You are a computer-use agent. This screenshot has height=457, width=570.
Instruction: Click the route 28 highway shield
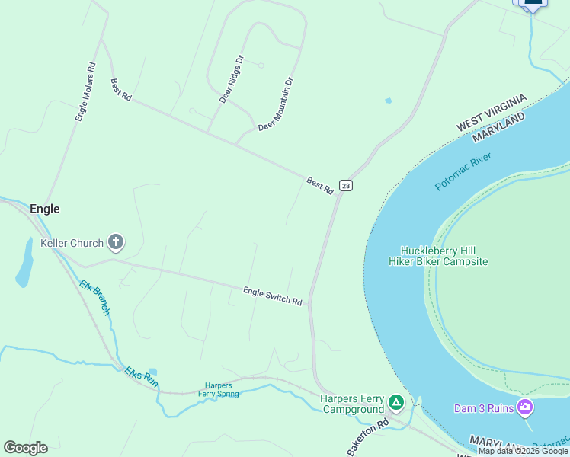click(346, 186)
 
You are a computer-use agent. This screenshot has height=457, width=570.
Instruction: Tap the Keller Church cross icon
click(116, 243)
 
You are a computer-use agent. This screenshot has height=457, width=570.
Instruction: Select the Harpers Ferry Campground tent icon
click(395, 401)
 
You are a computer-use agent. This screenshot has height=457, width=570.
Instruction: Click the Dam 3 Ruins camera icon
click(524, 407)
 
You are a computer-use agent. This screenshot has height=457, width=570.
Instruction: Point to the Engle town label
click(44, 209)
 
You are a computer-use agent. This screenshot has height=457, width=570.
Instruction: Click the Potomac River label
click(464, 172)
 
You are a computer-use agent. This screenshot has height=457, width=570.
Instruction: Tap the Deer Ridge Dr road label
click(230, 79)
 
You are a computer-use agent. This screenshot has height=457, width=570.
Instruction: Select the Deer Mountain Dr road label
click(276, 104)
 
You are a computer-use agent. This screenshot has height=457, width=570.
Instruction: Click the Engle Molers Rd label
click(85, 92)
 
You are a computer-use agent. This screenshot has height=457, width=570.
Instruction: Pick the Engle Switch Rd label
click(273, 296)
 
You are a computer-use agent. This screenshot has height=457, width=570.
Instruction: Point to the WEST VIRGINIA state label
click(492, 112)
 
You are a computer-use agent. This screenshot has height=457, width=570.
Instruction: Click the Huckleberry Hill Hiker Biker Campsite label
click(437, 256)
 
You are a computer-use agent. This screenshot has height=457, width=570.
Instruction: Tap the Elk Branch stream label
click(95, 298)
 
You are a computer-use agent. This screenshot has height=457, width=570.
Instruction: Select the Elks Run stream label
click(142, 377)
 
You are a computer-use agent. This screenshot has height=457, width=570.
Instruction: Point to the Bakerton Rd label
click(368, 437)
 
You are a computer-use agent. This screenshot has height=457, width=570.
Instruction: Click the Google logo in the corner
click(25, 448)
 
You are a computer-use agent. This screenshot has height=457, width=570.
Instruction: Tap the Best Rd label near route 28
click(320, 185)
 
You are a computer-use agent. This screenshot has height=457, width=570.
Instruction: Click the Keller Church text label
click(72, 243)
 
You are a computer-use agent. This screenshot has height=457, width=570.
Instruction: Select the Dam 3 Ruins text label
click(485, 408)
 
